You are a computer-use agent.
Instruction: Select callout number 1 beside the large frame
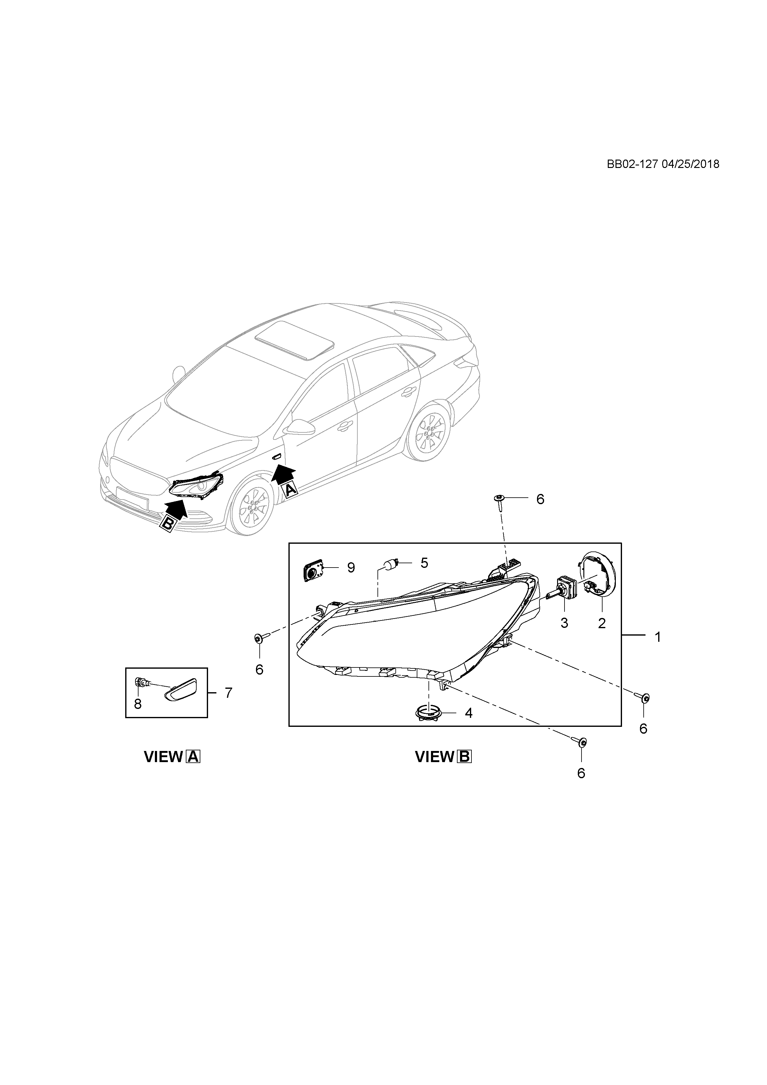(658, 637)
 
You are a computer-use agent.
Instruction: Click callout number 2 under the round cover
(602, 623)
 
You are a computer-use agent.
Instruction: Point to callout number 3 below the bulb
(565, 623)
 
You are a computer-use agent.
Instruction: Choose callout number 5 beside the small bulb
(424, 563)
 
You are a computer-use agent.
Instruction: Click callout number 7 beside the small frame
(228, 693)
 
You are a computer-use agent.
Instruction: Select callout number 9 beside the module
(351, 568)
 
